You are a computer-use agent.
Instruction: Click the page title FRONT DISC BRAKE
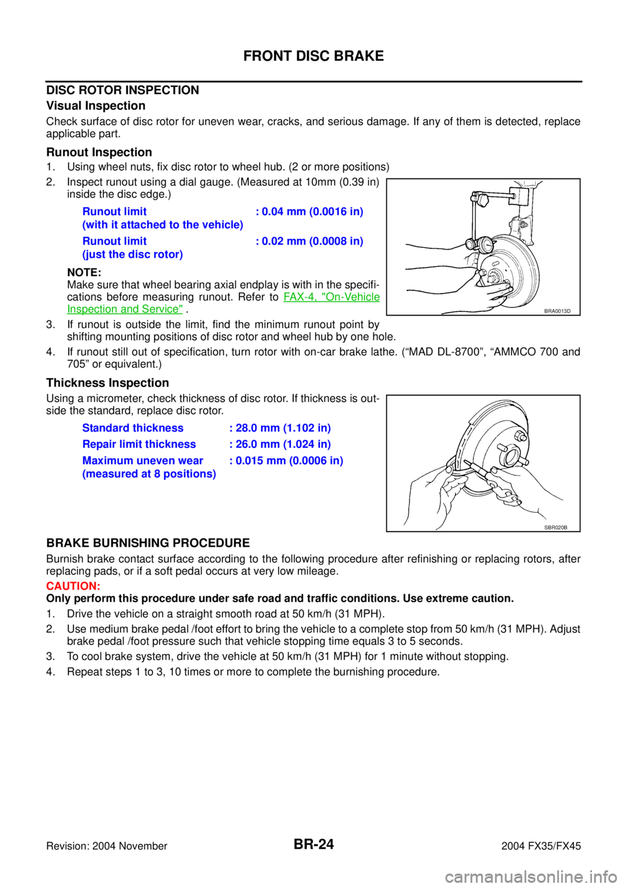coord(313,56)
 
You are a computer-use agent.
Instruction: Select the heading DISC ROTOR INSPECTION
coord(122,90)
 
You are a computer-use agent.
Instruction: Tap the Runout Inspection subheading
coord(99,152)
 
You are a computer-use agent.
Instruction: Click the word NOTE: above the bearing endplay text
coord(84,272)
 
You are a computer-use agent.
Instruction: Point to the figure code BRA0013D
coord(557,311)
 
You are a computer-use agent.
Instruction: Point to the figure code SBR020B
coord(556,528)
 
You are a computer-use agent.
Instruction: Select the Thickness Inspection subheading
coord(107,383)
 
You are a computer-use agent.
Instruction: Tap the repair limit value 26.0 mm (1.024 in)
coord(283,445)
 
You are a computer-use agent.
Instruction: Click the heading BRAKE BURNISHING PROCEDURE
coord(148,543)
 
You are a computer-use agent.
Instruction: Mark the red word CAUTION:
coord(73,586)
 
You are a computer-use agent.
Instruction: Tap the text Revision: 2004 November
coord(107,846)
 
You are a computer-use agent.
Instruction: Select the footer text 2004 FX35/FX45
coord(541,846)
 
